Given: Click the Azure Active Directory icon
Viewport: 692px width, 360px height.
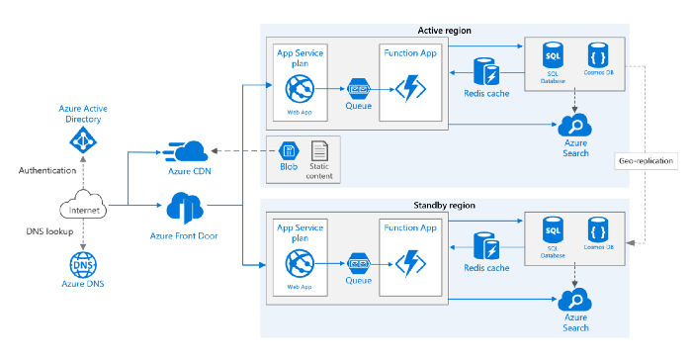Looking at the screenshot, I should coord(83,141).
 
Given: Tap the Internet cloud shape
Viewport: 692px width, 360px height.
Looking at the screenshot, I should coord(83,209).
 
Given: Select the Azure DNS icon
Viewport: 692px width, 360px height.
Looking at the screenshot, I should coord(83,265).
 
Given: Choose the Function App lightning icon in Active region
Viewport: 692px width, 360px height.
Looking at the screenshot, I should coord(408,88).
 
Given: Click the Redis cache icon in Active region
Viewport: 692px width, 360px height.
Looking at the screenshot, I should coord(486,72).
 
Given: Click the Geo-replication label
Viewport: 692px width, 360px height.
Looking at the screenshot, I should coord(646,160).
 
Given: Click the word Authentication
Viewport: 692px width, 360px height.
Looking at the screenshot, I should coord(45,170).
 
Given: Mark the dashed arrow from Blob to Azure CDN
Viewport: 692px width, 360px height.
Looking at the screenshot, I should coord(243,150).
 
